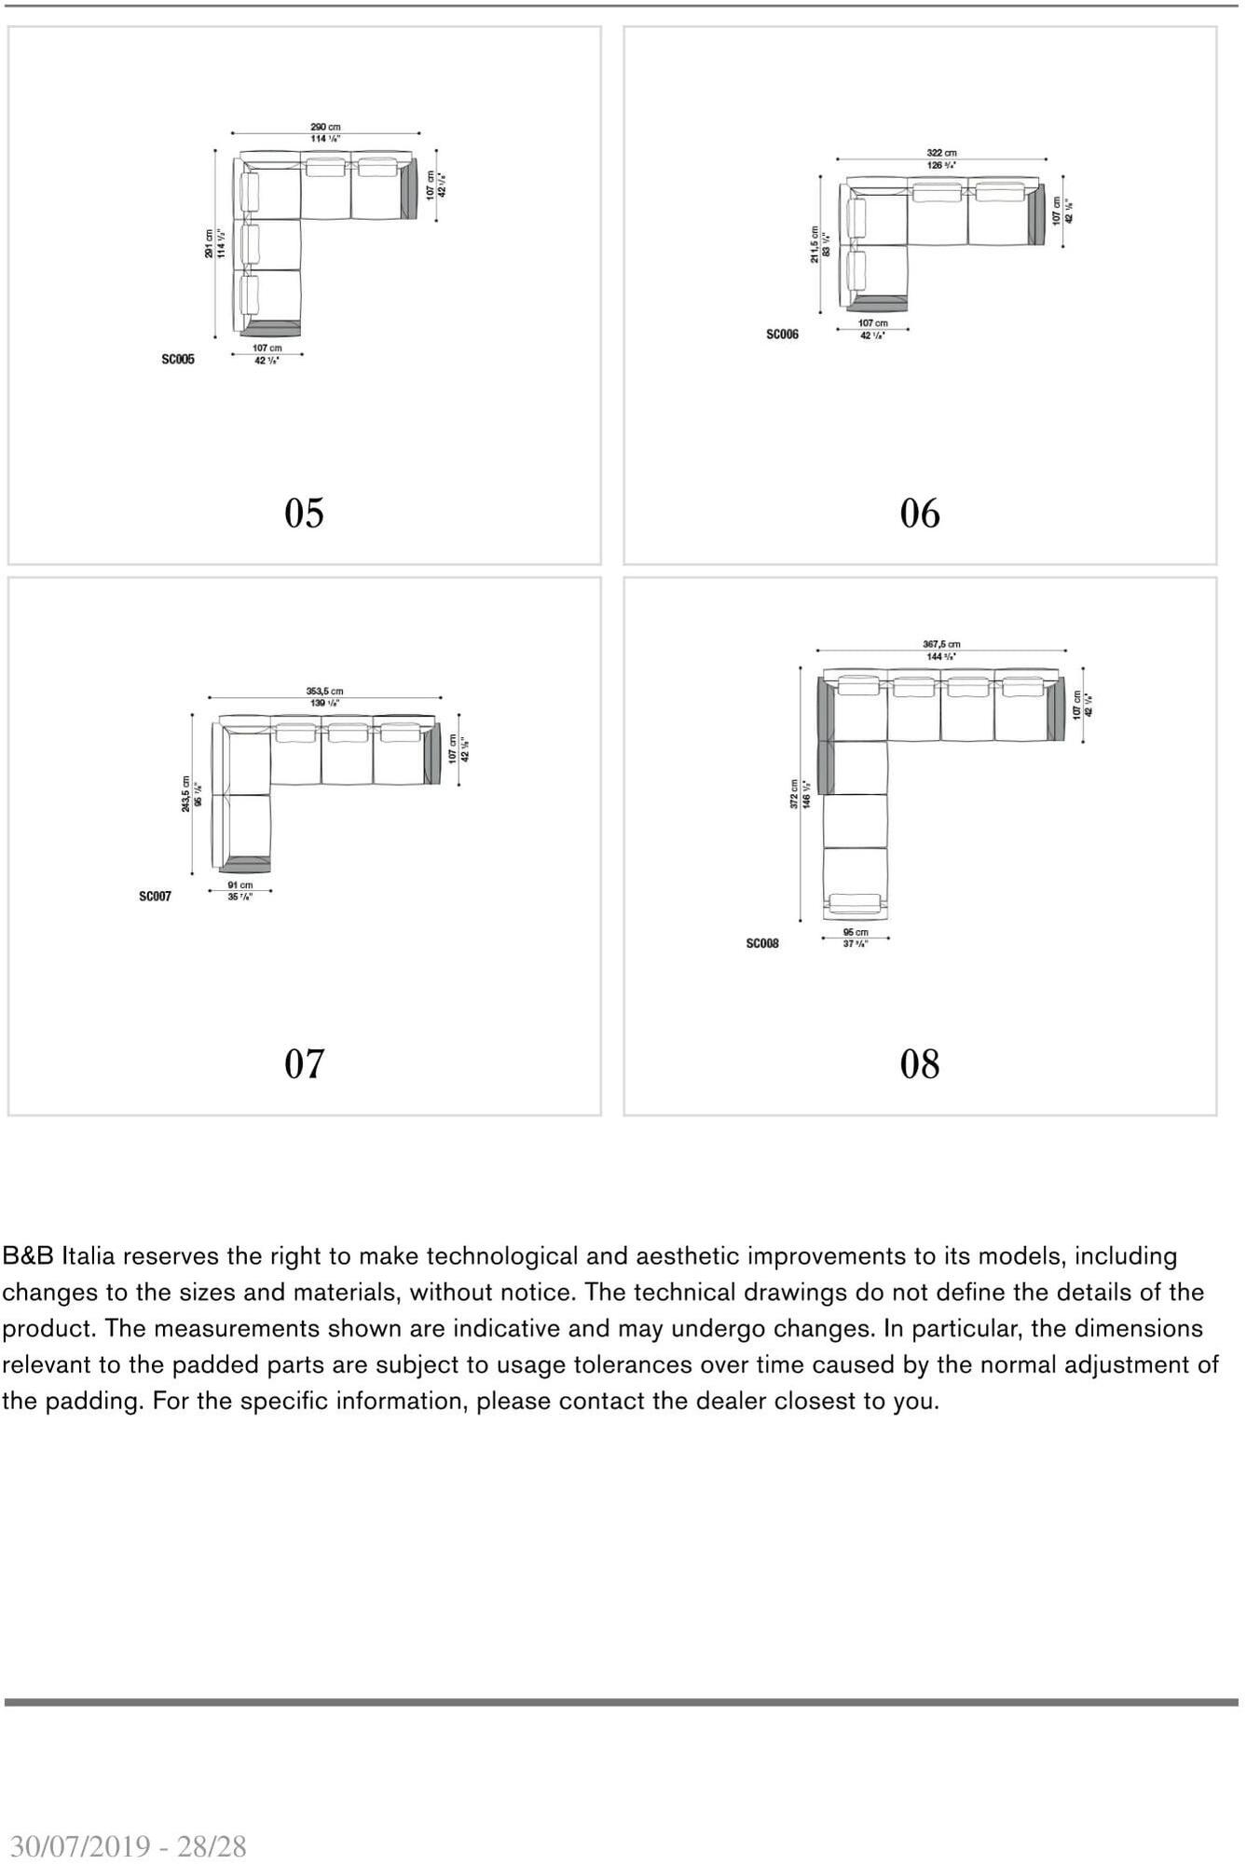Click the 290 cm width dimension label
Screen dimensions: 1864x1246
(325, 127)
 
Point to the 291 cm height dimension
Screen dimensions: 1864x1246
(209, 244)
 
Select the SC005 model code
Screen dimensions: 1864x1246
(178, 359)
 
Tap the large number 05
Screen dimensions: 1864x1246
(304, 513)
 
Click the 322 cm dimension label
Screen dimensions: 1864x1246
(941, 153)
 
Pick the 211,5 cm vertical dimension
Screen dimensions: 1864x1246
(814, 244)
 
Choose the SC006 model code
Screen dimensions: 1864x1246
(782, 335)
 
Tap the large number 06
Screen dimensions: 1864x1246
(920, 514)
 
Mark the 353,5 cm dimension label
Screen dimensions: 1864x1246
(324, 692)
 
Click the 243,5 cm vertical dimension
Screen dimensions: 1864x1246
(186, 794)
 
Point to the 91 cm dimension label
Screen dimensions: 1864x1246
(240, 885)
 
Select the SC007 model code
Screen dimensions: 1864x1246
(155, 897)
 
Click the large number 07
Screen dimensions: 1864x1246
(304, 1063)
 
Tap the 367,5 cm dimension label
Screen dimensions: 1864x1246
(941, 644)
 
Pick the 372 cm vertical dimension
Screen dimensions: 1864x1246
(794, 794)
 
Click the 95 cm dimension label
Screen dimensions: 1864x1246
(855, 932)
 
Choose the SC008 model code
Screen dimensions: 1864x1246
(761, 944)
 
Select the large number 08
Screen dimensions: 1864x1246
(920, 1064)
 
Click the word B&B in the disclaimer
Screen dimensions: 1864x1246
(28, 1256)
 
